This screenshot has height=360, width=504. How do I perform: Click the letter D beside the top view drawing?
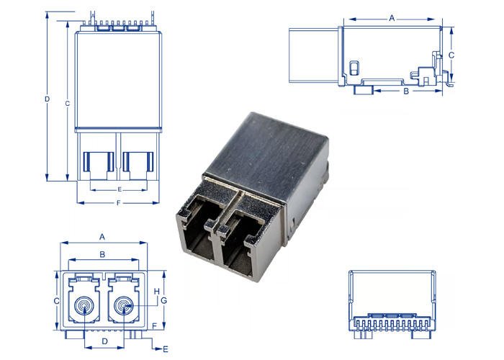coord(47,98)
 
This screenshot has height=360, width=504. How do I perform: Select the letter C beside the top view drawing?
coord(66,104)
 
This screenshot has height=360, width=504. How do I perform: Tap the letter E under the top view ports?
coord(120,189)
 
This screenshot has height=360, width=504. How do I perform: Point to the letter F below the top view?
coord(117,203)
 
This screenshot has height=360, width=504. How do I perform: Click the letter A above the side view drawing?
coord(392,17)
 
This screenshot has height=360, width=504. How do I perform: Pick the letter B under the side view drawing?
coord(405,91)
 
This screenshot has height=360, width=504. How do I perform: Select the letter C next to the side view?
coord(451,54)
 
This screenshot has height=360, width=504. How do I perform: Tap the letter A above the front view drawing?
coord(102,236)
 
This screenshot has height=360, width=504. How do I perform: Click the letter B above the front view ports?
coord(102,254)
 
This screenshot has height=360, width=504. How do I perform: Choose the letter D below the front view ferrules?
coord(104,340)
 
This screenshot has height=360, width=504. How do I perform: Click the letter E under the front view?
coord(166,349)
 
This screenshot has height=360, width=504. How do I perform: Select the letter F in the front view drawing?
coord(155,325)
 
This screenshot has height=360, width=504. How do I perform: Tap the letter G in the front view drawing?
coord(163,300)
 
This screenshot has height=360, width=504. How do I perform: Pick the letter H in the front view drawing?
coord(156,290)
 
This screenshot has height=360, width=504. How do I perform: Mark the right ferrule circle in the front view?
coord(125,308)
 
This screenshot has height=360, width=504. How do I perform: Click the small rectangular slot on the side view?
coord(353,68)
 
